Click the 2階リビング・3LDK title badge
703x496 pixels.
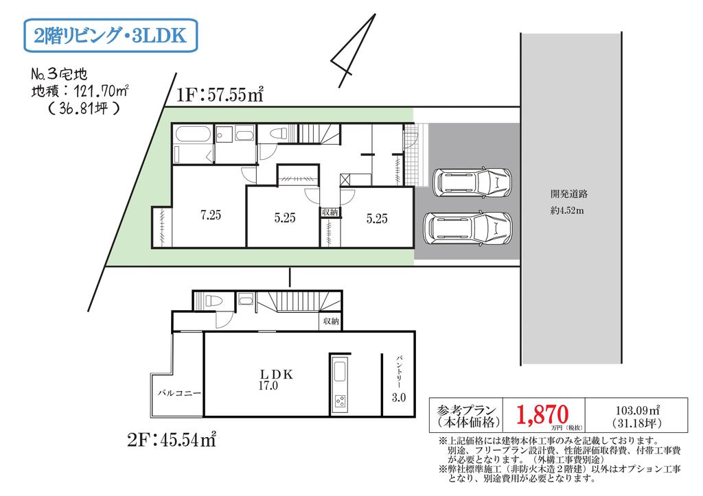111,36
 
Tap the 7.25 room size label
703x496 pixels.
211,215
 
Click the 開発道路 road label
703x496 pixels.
569,194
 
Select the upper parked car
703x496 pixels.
472,182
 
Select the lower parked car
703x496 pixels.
468,228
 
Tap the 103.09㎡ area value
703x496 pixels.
637,410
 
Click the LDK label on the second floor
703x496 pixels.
277,374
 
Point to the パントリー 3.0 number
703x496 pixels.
399,397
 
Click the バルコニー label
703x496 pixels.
179,393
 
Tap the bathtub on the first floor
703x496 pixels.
193,134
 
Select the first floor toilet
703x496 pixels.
275,133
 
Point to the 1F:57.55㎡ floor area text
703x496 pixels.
220,95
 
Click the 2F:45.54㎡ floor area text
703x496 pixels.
172,440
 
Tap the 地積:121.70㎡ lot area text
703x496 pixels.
80,91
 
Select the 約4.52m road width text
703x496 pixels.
567,210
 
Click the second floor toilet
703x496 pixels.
211,300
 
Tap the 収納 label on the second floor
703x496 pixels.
331,321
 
